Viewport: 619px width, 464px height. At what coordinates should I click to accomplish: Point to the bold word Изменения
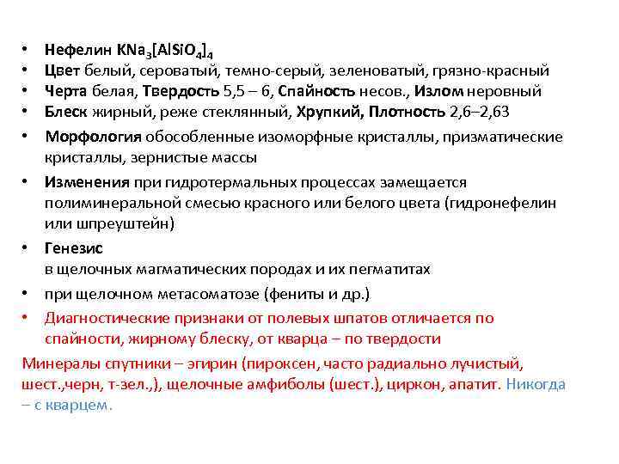pos(88,182)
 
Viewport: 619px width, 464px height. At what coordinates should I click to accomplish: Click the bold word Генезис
pos(75,248)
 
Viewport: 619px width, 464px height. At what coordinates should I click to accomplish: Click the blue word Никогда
pos(536,384)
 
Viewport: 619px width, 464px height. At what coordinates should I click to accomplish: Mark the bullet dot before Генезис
pos(28,248)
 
